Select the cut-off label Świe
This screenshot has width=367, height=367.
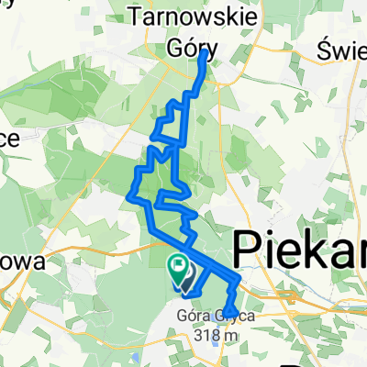click(x=341, y=48)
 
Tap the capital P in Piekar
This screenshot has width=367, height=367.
click(x=246, y=250)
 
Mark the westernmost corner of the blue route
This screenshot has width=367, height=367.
click(x=127, y=194)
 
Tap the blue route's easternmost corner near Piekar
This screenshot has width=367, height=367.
click(x=240, y=278)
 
